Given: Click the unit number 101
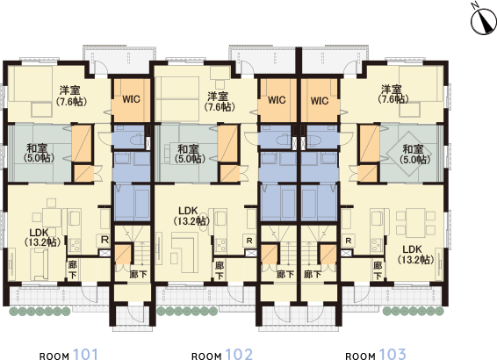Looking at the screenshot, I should [x=84, y=354].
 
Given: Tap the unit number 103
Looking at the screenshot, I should [x=392, y=354].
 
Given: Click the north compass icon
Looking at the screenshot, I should [x=481, y=18].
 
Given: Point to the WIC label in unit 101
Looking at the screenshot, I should [x=132, y=99].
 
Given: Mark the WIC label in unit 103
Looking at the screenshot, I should [x=320, y=100].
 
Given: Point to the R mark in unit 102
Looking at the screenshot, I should [x=249, y=240].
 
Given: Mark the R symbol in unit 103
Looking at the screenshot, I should [x=349, y=240].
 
